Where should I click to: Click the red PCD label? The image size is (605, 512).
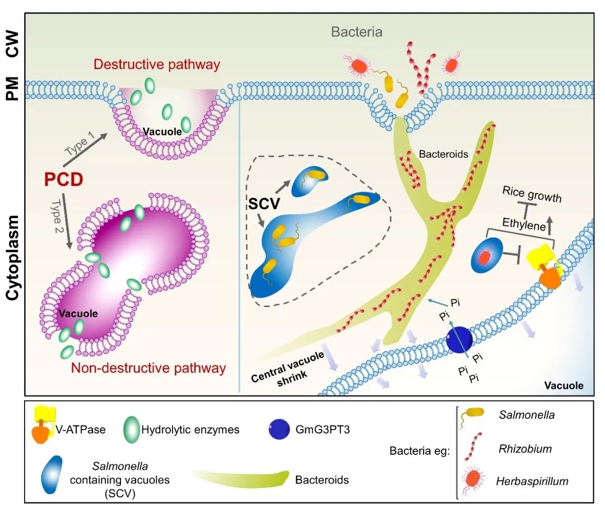tap(63, 180)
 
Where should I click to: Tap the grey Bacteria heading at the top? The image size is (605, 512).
tap(356, 32)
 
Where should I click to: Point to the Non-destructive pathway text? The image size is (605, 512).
tap(148, 368)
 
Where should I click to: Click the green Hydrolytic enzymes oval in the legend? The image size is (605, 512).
tap(129, 430)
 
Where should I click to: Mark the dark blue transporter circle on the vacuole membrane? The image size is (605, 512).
tap(459, 340)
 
